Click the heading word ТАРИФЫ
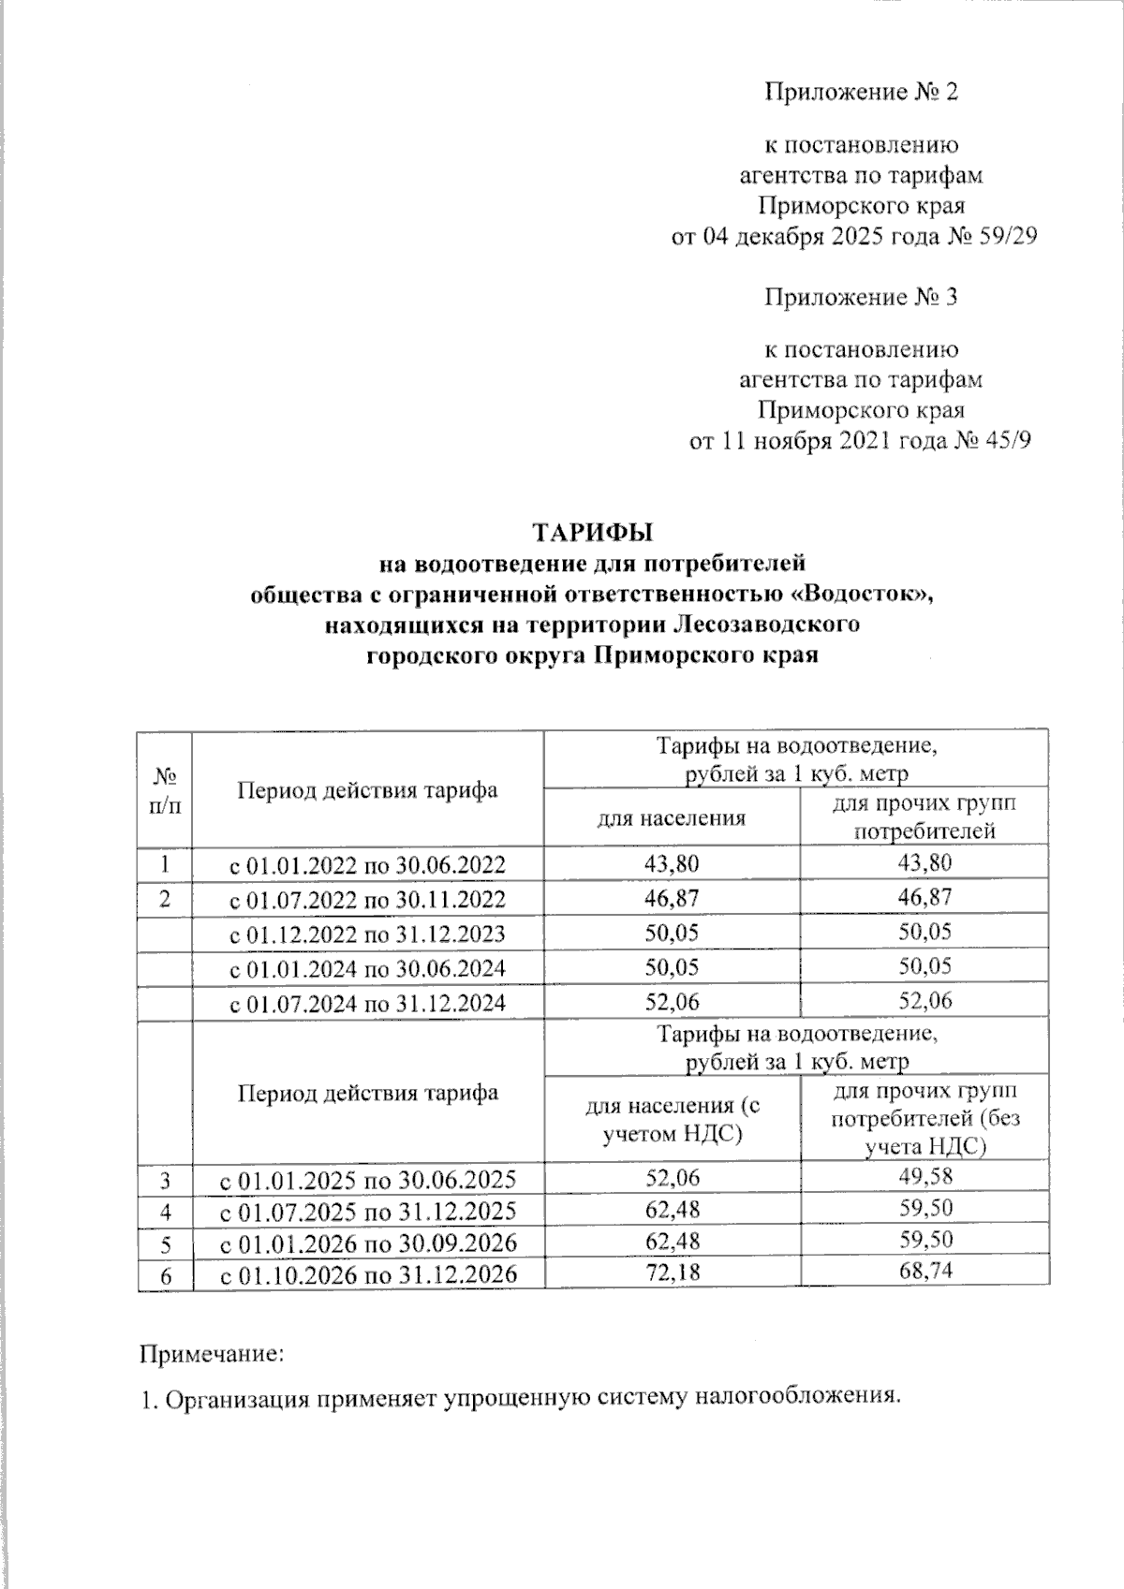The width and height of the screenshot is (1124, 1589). [592, 533]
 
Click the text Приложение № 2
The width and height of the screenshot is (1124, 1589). [862, 92]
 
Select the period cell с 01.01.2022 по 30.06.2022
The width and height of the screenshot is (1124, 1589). [368, 863]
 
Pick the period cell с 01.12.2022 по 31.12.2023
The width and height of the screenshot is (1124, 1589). [368, 934]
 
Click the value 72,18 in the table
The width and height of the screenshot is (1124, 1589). [672, 1273]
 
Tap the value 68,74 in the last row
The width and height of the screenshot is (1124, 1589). [924, 1272]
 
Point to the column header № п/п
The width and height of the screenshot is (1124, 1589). [165, 790]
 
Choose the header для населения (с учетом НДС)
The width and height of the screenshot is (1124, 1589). [672, 1119]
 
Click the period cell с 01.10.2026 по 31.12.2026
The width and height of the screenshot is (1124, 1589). [368, 1274]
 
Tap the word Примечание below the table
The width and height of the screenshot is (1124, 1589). [211, 1353]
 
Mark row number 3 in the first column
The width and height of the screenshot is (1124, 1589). [165, 1178]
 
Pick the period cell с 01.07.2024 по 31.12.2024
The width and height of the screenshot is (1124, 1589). [368, 1003]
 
